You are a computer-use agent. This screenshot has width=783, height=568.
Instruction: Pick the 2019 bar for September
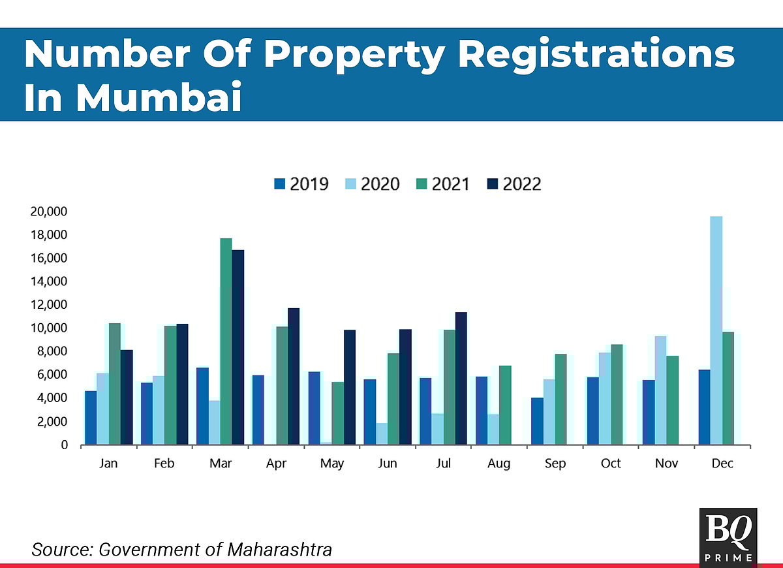[536, 421]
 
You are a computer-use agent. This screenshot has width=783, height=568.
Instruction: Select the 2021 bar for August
[505, 405]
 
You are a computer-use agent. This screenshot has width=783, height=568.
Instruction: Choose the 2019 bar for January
[91, 418]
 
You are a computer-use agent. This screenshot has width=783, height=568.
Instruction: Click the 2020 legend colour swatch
[351, 185]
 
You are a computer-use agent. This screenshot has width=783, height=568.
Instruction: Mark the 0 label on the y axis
[64, 445]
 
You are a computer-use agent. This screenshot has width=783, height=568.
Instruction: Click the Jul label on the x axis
[444, 464]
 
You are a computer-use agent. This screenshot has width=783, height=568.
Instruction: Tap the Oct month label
[611, 464]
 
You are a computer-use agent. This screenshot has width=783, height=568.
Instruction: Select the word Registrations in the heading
[596, 55]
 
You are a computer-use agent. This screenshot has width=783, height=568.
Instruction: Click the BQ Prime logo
[728, 536]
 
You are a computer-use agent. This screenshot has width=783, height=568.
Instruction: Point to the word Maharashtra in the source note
[279, 550]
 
